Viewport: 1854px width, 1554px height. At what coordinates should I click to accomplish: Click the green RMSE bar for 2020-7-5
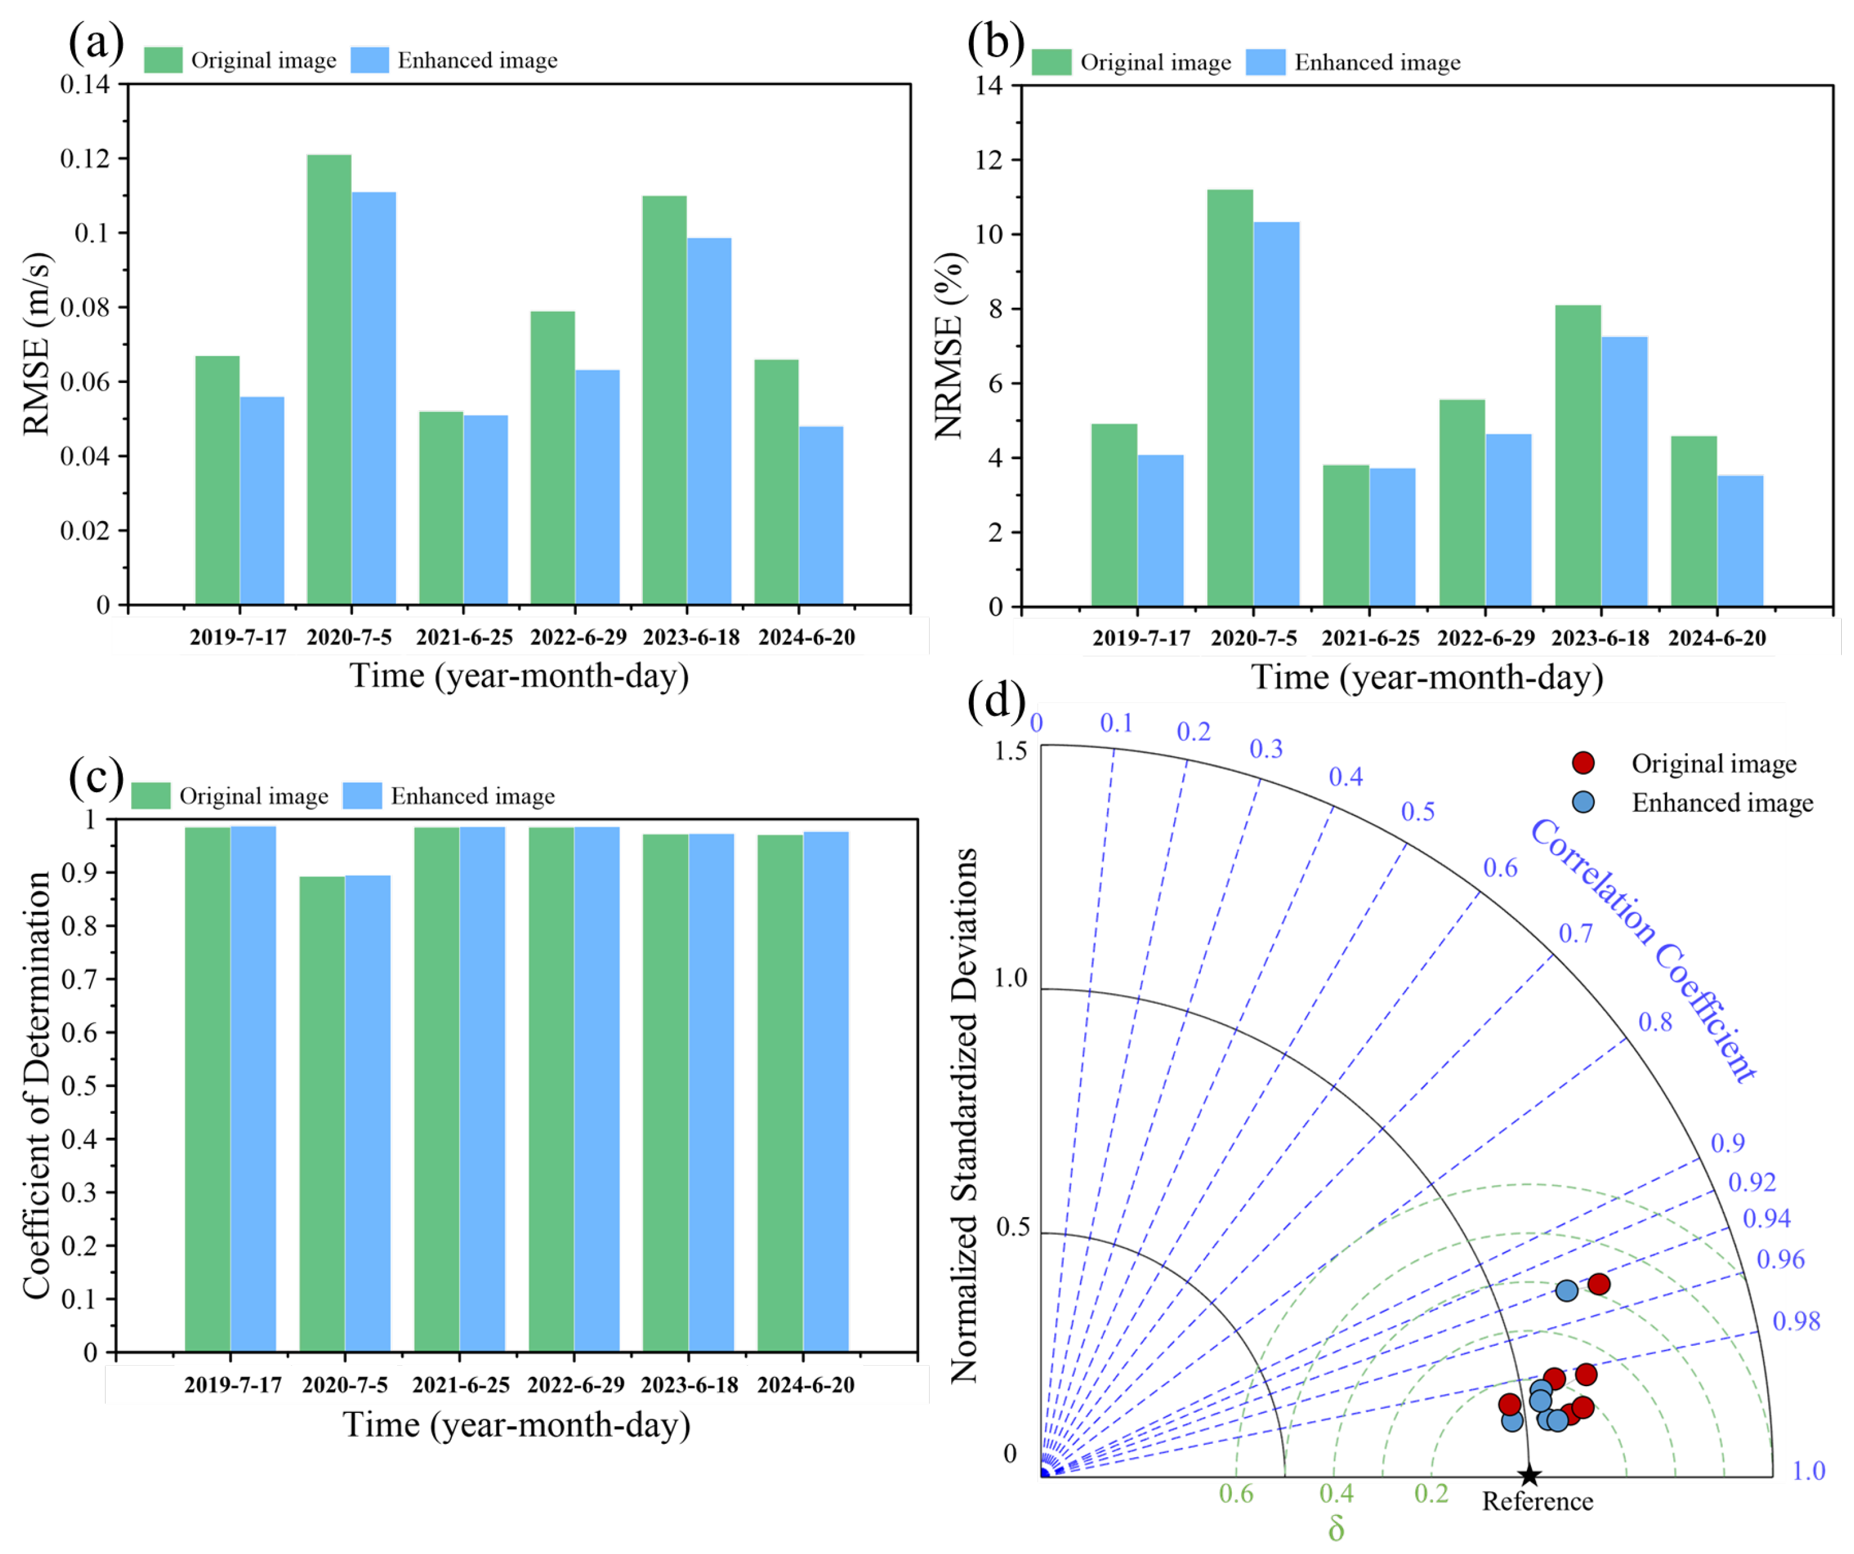tap(330, 379)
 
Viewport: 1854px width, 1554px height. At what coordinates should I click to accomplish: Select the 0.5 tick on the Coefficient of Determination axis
tap(79, 1085)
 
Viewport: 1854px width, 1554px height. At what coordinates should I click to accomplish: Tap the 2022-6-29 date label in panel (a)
tap(579, 637)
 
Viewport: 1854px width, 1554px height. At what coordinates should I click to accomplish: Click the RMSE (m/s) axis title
tap(37, 344)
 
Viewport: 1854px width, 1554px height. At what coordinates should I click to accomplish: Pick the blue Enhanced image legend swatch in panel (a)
tap(370, 60)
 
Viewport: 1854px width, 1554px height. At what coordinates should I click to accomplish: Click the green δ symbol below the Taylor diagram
tap(1336, 1528)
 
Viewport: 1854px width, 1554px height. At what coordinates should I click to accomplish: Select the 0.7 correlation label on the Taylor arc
tap(1576, 933)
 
